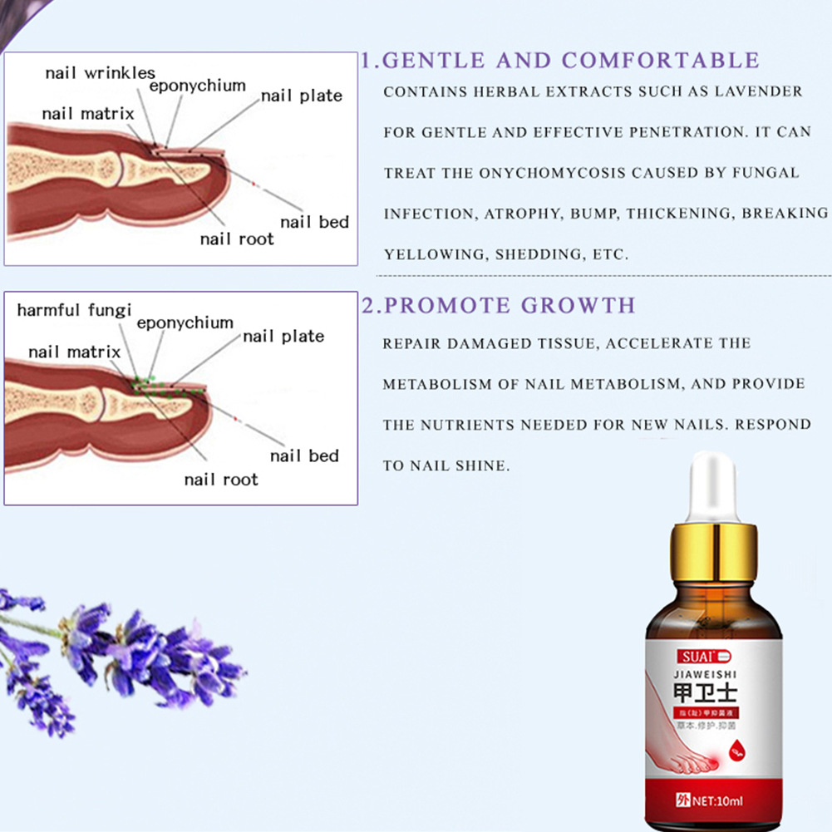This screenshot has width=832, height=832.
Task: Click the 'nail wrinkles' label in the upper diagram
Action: pos(100,72)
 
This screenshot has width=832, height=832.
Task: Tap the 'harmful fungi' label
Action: pos(74,310)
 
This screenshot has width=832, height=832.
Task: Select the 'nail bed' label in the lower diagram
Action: pos(304,455)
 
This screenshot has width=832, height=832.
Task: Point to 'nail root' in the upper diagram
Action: pos(237,239)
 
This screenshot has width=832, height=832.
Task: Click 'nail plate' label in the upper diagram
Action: pos(301,96)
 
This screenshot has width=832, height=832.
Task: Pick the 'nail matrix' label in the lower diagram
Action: pos(74,352)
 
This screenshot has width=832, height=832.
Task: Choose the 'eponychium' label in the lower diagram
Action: pos(185,322)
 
